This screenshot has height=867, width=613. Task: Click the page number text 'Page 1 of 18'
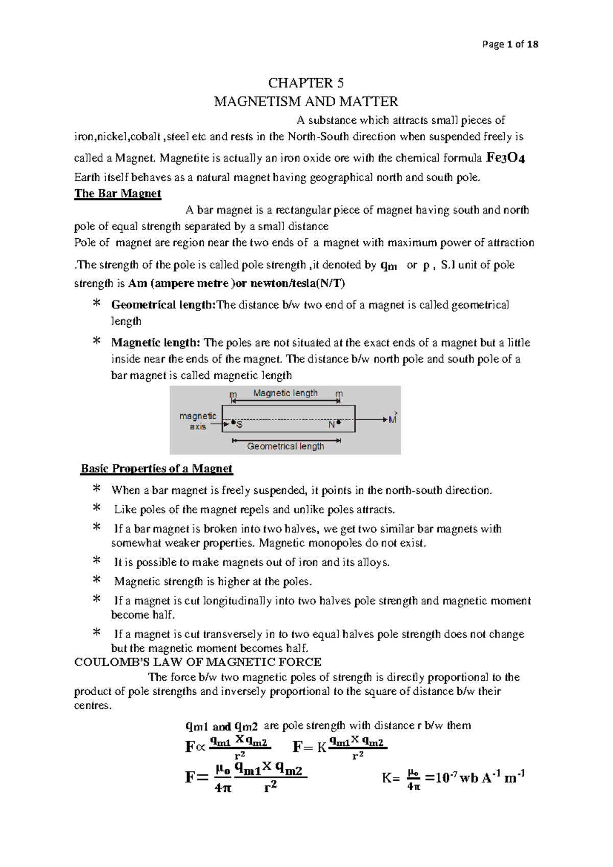pyautogui.click(x=510, y=44)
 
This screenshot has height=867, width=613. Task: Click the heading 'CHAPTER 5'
pyautogui.click(x=306, y=83)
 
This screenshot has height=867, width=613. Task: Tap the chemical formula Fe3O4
pyautogui.click(x=506, y=157)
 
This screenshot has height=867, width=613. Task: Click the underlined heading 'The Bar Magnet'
pyautogui.click(x=117, y=194)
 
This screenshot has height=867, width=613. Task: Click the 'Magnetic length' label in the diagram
pyautogui.click(x=285, y=393)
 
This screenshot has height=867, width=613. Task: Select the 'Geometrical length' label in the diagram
pyautogui.click(x=286, y=446)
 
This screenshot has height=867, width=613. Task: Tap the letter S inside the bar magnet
pyautogui.click(x=240, y=425)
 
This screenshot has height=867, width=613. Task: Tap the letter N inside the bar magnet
pyautogui.click(x=332, y=425)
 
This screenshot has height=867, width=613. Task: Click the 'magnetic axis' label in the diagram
pyautogui.click(x=198, y=421)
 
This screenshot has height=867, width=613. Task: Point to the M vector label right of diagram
pyautogui.click(x=392, y=420)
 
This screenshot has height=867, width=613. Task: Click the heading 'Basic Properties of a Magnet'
pyautogui.click(x=156, y=469)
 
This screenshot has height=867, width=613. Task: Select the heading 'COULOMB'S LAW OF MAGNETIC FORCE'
pyautogui.click(x=198, y=663)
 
